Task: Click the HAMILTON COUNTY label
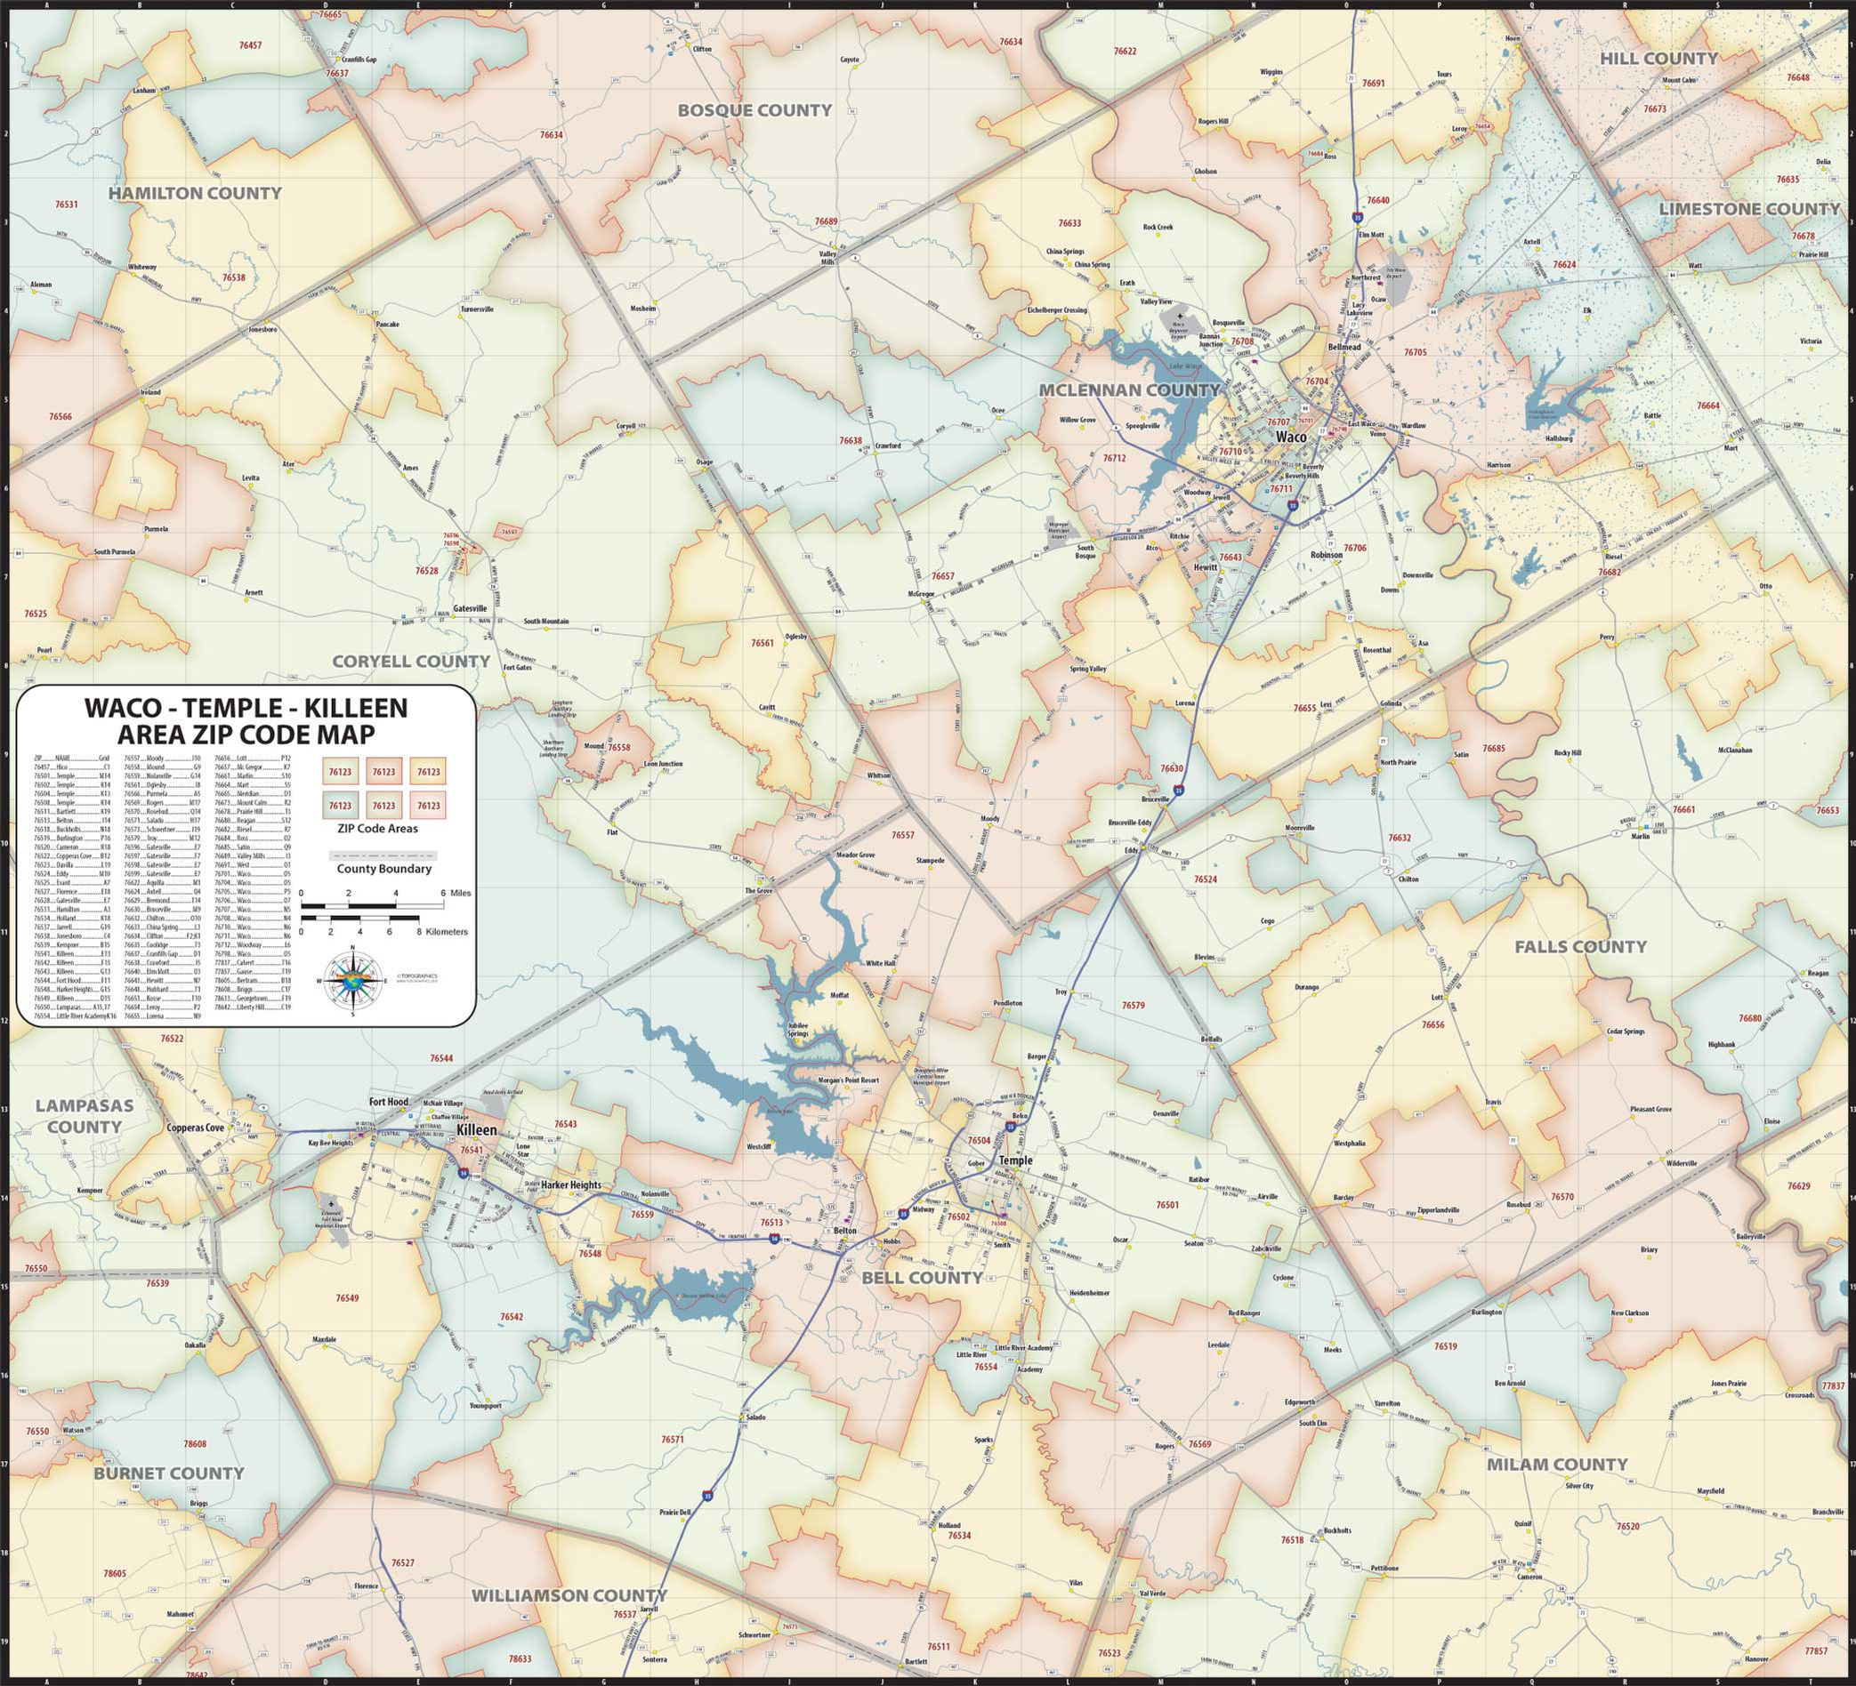(x=194, y=193)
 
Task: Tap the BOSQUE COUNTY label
(x=754, y=110)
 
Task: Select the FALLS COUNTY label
(x=1580, y=946)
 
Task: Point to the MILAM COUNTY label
(x=1557, y=1464)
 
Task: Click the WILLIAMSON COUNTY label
(x=569, y=1595)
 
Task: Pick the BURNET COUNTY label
(x=168, y=1473)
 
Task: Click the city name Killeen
(x=476, y=1129)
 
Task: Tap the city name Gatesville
(x=470, y=608)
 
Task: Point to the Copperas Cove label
(x=195, y=1128)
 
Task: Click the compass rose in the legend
(x=352, y=981)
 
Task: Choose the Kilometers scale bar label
(x=447, y=931)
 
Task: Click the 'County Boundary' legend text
(x=383, y=869)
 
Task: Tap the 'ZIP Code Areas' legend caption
(x=383, y=828)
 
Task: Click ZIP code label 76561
(x=763, y=643)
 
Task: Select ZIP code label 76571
(x=672, y=1440)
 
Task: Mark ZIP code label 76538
(x=234, y=277)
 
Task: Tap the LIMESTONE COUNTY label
(x=1748, y=209)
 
